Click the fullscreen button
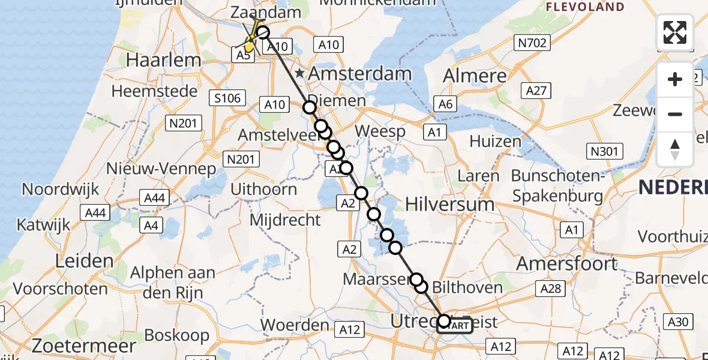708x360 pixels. (x=675, y=32)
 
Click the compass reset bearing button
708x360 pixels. (x=675, y=149)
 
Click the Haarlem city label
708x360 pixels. (x=164, y=60)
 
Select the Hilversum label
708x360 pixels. (x=450, y=204)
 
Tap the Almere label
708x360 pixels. (x=475, y=76)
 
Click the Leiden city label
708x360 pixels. (x=84, y=261)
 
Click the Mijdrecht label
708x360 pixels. (x=286, y=220)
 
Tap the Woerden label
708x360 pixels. (x=295, y=325)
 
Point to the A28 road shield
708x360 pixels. (x=550, y=289)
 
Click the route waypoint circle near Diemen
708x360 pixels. (x=309, y=107)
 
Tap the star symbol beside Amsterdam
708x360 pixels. (x=299, y=73)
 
